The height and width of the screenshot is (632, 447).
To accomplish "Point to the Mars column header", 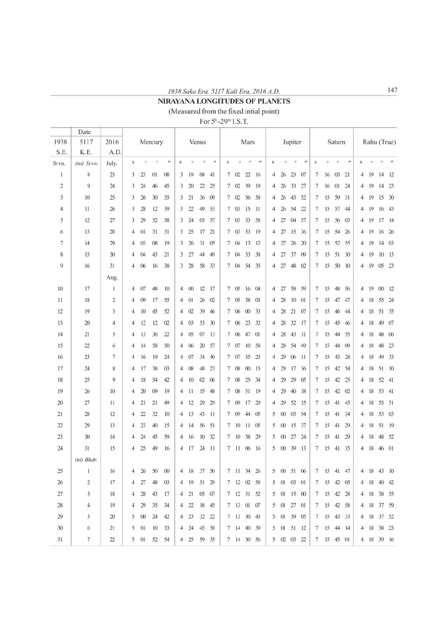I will tap(247, 142).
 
